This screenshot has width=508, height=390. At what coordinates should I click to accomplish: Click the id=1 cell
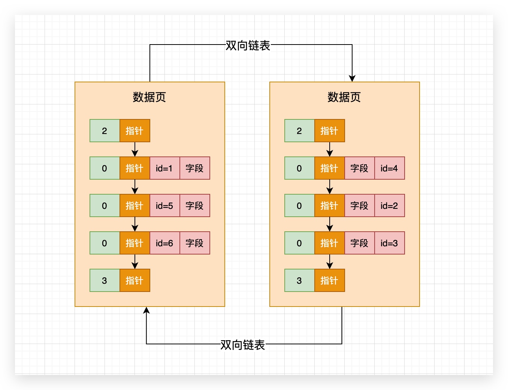coord(164,168)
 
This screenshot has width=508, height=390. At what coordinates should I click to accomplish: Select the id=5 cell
coord(164,205)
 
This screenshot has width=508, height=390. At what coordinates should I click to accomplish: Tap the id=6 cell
coord(164,243)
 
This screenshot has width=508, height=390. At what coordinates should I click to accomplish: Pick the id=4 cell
coord(389,168)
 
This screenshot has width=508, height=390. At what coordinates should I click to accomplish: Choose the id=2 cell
coord(389,205)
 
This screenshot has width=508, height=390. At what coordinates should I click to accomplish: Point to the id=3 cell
coord(389,243)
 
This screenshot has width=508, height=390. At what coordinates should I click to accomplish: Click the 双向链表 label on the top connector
coord(248,45)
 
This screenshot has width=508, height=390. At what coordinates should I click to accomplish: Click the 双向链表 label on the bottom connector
coord(243,345)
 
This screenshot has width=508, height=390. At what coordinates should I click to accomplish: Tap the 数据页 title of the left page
coord(149,97)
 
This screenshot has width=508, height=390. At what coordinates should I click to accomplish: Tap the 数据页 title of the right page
coord(344,97)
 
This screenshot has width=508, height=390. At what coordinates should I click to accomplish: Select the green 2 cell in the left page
coord(105,131)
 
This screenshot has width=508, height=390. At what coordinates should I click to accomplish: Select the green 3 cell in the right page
coord(299,280)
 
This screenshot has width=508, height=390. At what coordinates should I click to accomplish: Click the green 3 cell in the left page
coord(105,280)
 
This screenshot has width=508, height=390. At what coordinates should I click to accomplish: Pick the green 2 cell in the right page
coord(299,131)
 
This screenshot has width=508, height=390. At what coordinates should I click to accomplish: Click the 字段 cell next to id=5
coord(194,205)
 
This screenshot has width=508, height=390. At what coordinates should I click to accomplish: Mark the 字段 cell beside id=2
coord(359,205)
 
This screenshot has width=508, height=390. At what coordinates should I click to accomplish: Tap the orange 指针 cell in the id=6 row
coord(134,243)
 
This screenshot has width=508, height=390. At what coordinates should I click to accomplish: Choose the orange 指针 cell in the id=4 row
coord(329,168)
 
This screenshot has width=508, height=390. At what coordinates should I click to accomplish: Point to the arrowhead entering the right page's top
coord(352,79)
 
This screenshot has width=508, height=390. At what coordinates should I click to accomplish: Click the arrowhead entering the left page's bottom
coord(146,310)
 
